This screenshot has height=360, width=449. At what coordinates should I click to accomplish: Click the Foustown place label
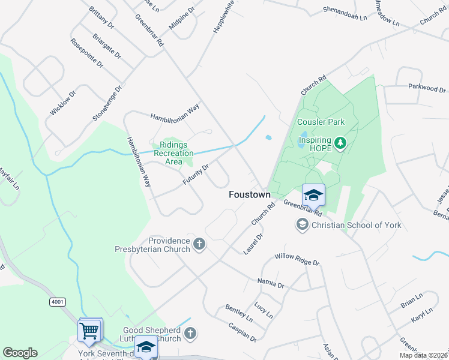click(250, 195)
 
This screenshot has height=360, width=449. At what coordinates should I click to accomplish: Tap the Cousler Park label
click(321, 122)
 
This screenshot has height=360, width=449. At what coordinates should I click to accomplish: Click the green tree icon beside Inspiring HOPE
click(341, 143)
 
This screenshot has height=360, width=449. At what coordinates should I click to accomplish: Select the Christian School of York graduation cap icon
click(302, 225)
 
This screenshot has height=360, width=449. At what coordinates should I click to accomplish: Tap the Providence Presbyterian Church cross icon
click(199, 244)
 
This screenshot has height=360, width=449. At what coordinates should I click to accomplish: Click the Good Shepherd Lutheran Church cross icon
click(190, 333)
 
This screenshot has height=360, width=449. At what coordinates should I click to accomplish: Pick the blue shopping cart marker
click(89, 331)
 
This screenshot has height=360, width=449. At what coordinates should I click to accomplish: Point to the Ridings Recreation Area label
click(174, 153)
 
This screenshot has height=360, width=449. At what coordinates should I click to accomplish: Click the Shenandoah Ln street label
click(345, 14)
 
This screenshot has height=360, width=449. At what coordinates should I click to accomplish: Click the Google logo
click(20, 353)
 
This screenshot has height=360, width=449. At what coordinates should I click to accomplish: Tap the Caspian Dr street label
click(243, 332)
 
